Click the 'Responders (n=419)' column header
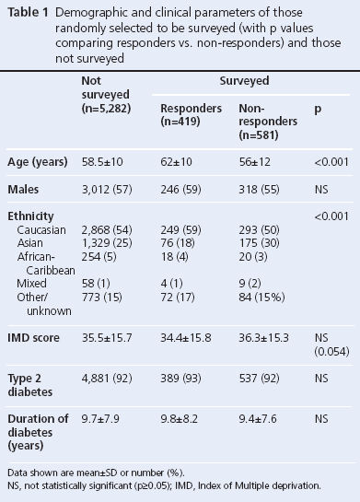191,114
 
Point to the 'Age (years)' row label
38,162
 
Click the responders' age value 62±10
178,162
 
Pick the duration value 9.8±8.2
182,418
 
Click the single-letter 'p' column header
318,108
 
